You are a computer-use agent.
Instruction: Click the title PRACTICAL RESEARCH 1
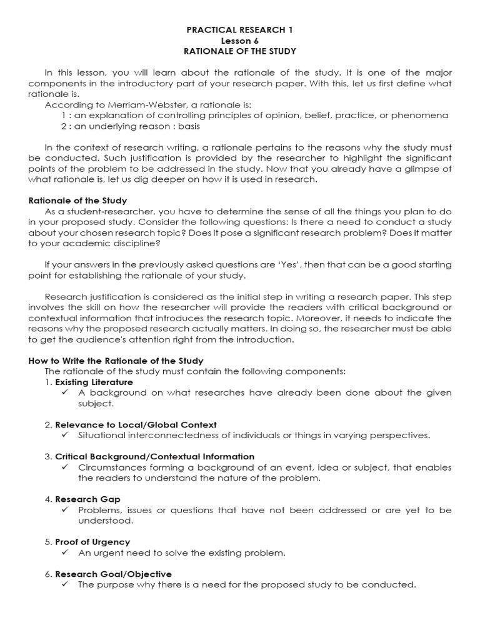coord(241,29)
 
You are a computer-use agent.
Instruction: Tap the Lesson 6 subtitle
coord(241,40)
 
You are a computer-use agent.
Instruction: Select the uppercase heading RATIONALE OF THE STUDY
coord(241,51)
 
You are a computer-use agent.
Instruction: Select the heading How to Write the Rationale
coord(116,361)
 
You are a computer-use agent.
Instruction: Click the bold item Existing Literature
coord(94,382)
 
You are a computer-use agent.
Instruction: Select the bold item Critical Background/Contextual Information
coord(154,456)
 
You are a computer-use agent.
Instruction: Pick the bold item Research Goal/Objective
coord(113,574)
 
